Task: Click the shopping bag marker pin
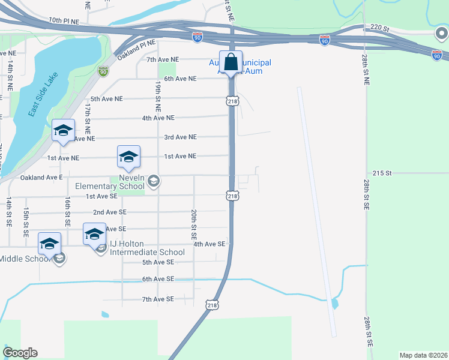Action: pos(231,62)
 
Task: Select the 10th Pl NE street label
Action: pos(64,20)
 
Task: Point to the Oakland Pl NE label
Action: pos(136,50)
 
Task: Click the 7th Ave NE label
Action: pos(163,59)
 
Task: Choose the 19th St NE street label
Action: pos(158,96)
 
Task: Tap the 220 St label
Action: pos(380,27)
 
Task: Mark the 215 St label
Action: pos(382,173)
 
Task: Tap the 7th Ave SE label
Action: pos(158,299)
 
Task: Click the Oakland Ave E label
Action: pos(41,178)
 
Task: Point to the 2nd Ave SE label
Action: pos(110,212)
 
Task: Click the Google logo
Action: pos(20,353)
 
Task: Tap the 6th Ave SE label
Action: pos(158,279)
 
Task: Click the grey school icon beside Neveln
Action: pos(154,181)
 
